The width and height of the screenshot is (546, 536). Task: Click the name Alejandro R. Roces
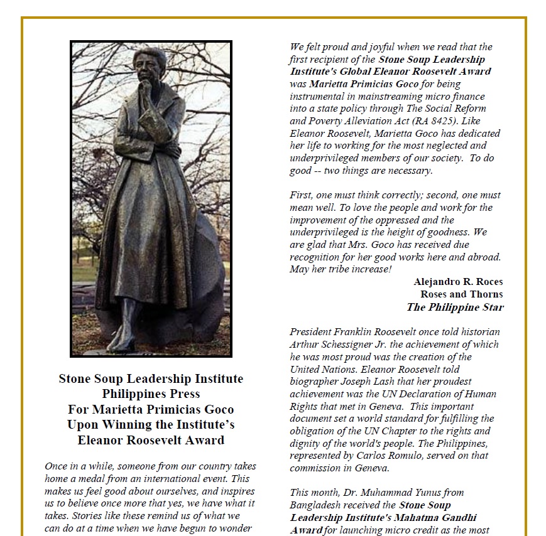tap(458, 282)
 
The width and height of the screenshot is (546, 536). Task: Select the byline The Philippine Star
tap(455, 307)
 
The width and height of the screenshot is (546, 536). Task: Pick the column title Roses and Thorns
tap(462, 294)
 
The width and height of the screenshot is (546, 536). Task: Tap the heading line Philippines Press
tap(151, 394)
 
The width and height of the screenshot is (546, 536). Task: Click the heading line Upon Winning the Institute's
tap(151, 424)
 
